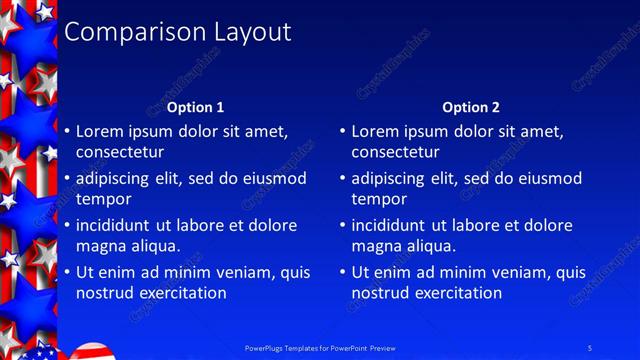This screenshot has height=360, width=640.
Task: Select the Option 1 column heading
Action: coord(195,107)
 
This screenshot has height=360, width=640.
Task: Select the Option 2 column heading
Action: coord(471,107)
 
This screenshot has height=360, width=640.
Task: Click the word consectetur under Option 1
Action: coord(119,152)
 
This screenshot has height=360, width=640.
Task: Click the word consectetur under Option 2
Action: coord(395,152)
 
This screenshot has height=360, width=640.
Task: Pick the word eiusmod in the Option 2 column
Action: coord(546,178)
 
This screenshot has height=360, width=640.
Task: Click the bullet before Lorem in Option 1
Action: coord(66,132)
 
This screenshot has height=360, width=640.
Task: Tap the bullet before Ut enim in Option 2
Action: coord(342,272)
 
